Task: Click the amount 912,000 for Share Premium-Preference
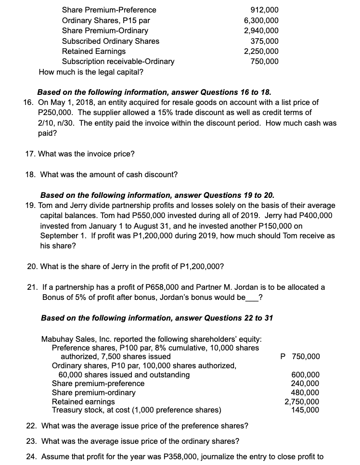264,10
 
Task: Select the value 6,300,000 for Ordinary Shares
261,20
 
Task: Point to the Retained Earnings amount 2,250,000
261,51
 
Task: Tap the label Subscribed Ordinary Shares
111,41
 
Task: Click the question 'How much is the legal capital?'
90,72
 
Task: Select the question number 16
28,103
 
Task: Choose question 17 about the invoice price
80,154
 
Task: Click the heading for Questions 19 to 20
157,195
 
